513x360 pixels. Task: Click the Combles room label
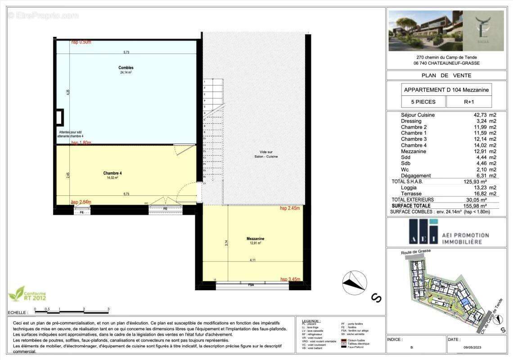pos(126,67)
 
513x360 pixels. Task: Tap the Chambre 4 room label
pos(112,173)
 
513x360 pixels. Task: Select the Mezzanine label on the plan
pos(255,238)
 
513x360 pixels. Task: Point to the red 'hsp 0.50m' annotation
pos(81,42)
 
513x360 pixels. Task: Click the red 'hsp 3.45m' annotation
pos(290,279)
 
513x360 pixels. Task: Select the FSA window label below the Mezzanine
pos(251,285)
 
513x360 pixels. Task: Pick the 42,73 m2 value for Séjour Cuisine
pos(486,115)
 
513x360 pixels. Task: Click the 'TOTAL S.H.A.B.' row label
pos(410,181)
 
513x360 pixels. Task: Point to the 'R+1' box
pos(469,102)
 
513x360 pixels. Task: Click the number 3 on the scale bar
pos(108,309)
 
